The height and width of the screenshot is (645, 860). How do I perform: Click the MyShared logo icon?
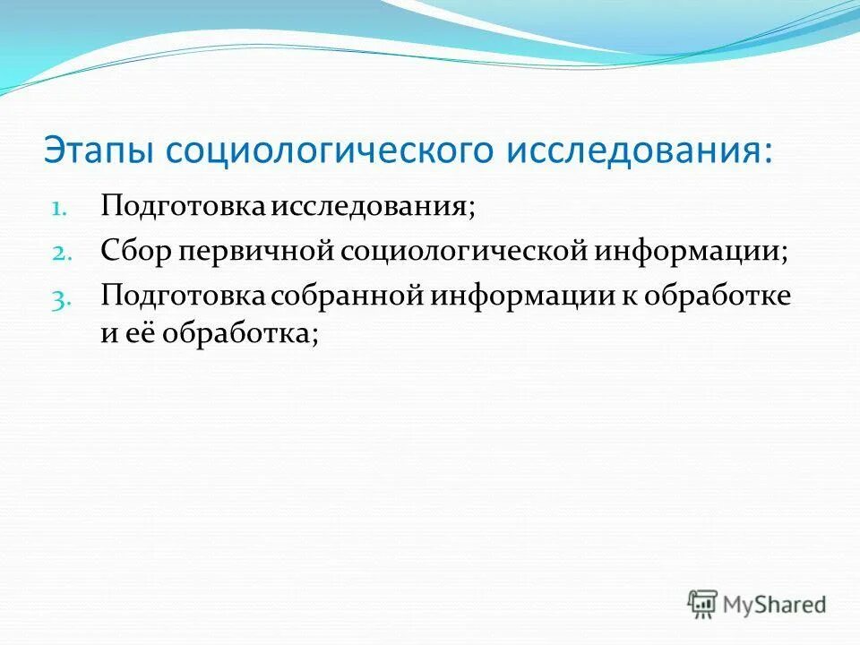coord(703,604)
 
